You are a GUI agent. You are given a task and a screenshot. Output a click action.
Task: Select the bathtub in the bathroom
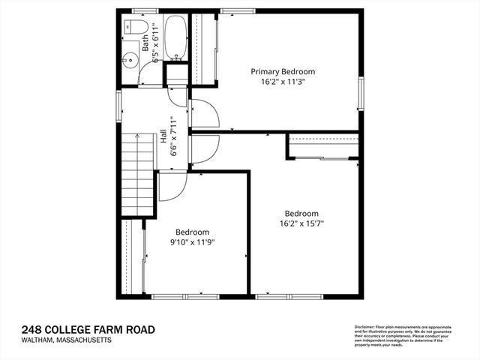click(175, 37)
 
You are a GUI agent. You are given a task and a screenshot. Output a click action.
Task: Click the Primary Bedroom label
click(282, 72)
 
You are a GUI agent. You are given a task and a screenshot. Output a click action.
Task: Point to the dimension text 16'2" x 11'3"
click(282, 83)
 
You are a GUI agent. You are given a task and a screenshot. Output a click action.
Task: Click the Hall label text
click(163, 137)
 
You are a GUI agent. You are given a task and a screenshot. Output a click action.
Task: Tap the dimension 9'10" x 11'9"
click(192, 242)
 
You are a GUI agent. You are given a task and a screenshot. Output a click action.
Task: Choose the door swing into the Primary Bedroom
click(204, 112)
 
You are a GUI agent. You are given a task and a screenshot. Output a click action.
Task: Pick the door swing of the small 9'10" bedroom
click(169, 187)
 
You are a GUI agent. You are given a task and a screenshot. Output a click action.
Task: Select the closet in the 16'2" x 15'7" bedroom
click(322, 146)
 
